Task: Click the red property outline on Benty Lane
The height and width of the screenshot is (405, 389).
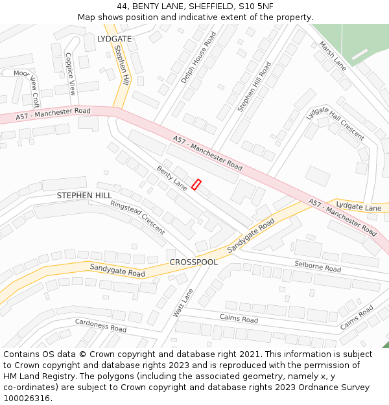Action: point(196,185)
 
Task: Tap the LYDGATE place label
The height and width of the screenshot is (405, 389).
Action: point(114,39)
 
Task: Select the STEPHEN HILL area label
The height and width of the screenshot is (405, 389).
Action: point(84,195)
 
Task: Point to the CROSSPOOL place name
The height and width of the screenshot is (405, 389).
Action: point(194,262)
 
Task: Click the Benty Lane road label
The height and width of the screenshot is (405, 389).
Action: point(172,178)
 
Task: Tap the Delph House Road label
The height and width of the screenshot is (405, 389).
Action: point(198,58)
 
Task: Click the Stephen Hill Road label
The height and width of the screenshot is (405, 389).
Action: point(254,87)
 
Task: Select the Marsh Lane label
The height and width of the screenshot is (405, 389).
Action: point(333,56)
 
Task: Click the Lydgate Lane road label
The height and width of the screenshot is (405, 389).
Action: point(359,207)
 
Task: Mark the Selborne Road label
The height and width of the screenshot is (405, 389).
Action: point(318,266)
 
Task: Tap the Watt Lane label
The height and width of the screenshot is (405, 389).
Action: point(183,303)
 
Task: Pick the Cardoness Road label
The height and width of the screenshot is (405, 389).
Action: point(100,325)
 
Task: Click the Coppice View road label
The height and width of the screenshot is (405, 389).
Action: point(71,75)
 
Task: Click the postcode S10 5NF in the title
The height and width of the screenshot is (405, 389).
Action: point(255,6)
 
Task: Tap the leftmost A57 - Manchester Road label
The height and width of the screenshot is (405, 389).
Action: point(54,113)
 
